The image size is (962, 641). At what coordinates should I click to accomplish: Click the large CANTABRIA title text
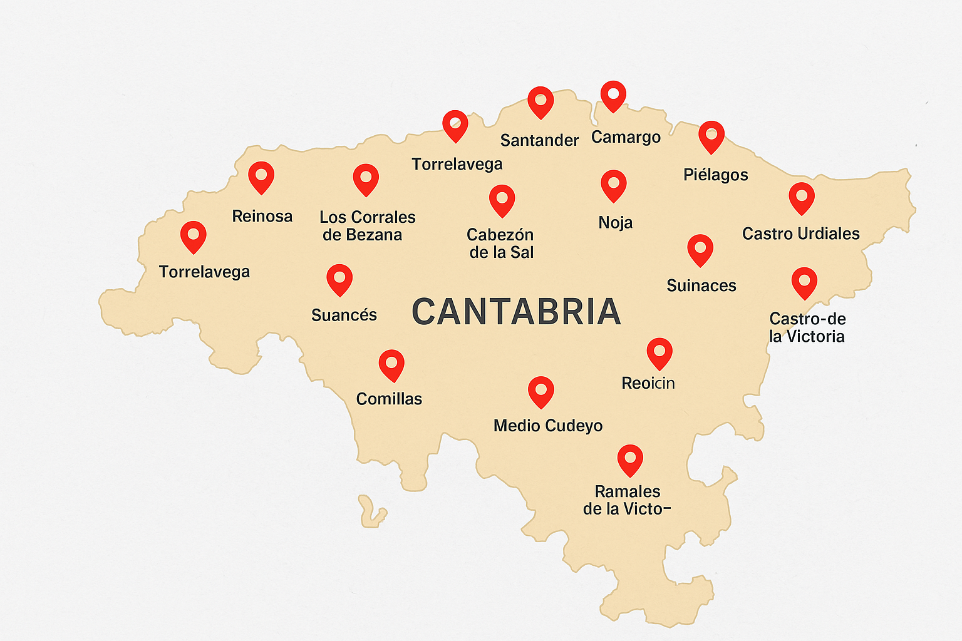tap(516, 312)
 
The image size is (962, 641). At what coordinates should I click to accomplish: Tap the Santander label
tap(539, 140)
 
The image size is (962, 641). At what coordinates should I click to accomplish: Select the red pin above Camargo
tap(613, 95)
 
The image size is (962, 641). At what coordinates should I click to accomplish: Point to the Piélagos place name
tap(715, 175)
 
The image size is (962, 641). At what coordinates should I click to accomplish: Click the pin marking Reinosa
tap(261, 177)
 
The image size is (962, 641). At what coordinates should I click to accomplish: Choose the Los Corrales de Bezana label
tap(367, 226)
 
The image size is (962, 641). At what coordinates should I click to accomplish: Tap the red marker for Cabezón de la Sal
tap(502, 200)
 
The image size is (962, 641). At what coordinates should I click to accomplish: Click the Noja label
tap(615, 222)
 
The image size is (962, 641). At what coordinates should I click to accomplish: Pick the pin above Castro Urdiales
tap(801, 198)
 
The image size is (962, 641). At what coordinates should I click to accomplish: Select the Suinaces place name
tap(701, 285)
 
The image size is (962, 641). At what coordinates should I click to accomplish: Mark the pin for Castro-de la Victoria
tap(804, 282)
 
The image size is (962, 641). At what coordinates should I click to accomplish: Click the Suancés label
tap(344, 315)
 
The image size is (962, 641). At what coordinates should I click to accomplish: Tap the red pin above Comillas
tap(391, 364)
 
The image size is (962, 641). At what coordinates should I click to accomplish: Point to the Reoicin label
tap(648, 383)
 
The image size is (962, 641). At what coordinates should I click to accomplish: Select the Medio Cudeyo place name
tap(547, 426)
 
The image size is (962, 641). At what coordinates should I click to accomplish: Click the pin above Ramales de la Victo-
tap(630, 459)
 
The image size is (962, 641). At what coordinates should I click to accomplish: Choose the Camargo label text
tap(626, 137)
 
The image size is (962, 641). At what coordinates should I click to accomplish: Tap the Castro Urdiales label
tap(800, 233)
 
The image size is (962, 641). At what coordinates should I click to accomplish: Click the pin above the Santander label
tap(540, 101)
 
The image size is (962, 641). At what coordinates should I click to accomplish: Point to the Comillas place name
tap(389, 399)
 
